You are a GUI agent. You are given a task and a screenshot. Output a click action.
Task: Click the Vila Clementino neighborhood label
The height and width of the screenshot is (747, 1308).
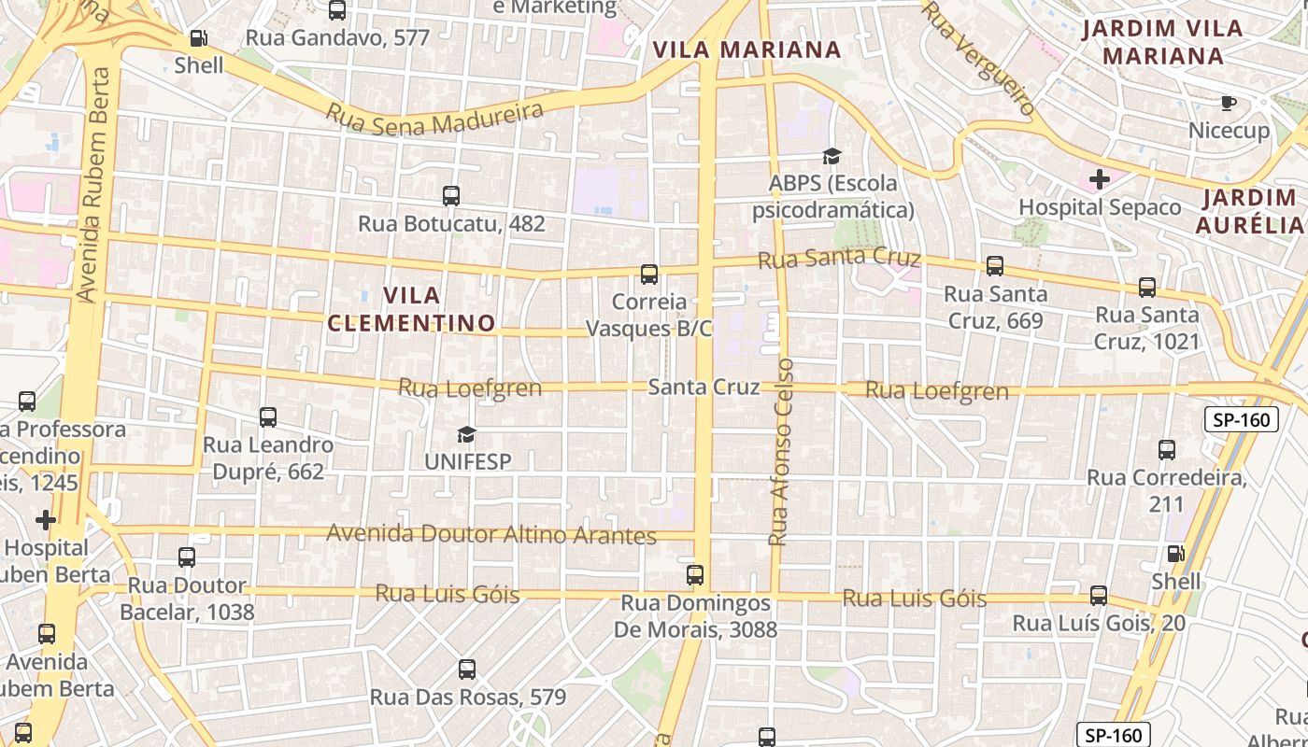pyautogui.click(x=411, y=309)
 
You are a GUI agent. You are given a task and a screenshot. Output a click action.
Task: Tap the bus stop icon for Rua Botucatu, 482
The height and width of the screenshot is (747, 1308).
pyautogui.click(x=451, y=196)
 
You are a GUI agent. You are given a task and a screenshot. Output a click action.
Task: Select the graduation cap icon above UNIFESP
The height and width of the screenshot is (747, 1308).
pyautogui.click(x=466, y=434)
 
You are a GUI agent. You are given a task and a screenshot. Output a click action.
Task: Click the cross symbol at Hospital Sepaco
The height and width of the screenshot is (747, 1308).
pyautogui.click(x=1100, y=178)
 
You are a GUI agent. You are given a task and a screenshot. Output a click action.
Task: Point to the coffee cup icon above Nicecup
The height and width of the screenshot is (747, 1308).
pyautogui.click(x=1229, y=103)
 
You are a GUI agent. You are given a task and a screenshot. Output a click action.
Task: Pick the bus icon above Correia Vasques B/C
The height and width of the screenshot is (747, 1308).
pyautogui.click(x=649, y=275)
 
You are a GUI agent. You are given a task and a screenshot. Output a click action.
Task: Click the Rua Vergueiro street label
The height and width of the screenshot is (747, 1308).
pyautogui.click(x=979, y=58)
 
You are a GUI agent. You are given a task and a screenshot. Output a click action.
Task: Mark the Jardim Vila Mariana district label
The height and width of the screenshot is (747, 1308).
pyautogui.click(x=1162, y=42)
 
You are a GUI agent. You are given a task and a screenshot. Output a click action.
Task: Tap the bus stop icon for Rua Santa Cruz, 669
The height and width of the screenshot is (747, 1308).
pyautogui.click(x=995, y=266)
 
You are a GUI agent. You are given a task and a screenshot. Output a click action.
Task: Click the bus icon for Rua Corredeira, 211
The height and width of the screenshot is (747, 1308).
pyautogui.click(x=1167, y=450)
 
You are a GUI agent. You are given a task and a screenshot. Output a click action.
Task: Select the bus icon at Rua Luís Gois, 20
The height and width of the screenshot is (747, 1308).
pyautogui.click(x=1099, y=596)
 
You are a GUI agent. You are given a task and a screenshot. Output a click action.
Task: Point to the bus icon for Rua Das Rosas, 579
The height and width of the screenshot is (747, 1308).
pyautogui.click(x=467, y=669)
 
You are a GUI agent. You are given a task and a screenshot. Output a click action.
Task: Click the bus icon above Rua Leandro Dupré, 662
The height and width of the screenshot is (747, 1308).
pyautogui.click(x=268, y=417)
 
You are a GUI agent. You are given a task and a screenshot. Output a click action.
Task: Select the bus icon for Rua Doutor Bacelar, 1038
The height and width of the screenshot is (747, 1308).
pyautogui.click(x=187, y=557)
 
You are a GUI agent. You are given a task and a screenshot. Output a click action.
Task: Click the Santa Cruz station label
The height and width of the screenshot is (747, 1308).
pyautogui.click(x=704, y=387)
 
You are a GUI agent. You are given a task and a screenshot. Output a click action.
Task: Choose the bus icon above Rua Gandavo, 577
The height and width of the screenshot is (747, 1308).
pyautogui.click(x=337, y=11)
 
